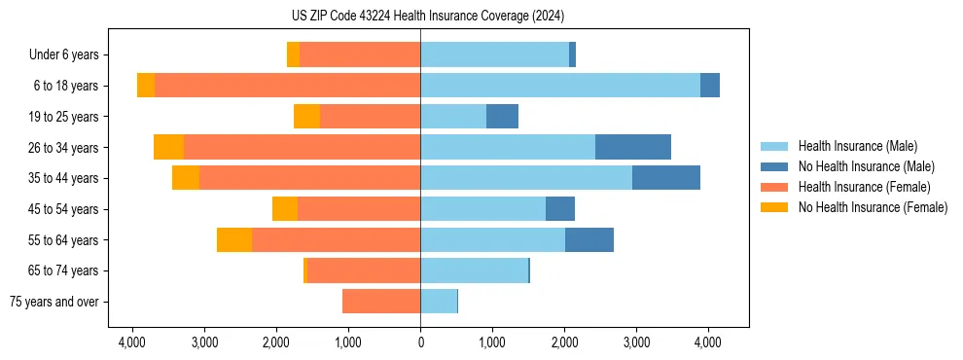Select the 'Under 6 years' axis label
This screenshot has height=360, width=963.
pyautogui.click(x=70, y=54)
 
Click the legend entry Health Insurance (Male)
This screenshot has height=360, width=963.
pyautogui.click(x=857, y=146)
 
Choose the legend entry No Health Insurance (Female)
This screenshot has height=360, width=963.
pyautogui.click(x=873, y=207)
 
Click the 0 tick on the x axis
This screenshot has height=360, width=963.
pyautogui.click(x=420, y=342)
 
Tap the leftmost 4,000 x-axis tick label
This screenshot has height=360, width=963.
pyautogui.click(x=132, y=342)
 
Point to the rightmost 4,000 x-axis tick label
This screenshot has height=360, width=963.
pyautogui.click(x=707, y=342)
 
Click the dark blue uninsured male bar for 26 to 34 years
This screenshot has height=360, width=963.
pyautogui.click(x=632, y=147)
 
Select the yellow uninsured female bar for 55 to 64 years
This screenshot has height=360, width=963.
pyautogui.click(x=234, y=239)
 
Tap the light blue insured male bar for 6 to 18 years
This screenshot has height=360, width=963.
pyautogui.click(x=559, y=86)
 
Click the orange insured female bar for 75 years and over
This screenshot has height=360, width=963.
pyautogui.click(x=381, y=302)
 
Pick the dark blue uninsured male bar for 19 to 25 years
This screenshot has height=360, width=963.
pyautogui.click(x=502, y=117)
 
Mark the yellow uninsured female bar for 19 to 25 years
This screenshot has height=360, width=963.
pyautogui.click(x=306, y=117)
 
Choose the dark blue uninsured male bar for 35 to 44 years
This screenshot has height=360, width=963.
pyautogui.click(x=665, y=178)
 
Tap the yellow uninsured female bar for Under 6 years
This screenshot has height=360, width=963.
pyautogui.click(x=293, y=54)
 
